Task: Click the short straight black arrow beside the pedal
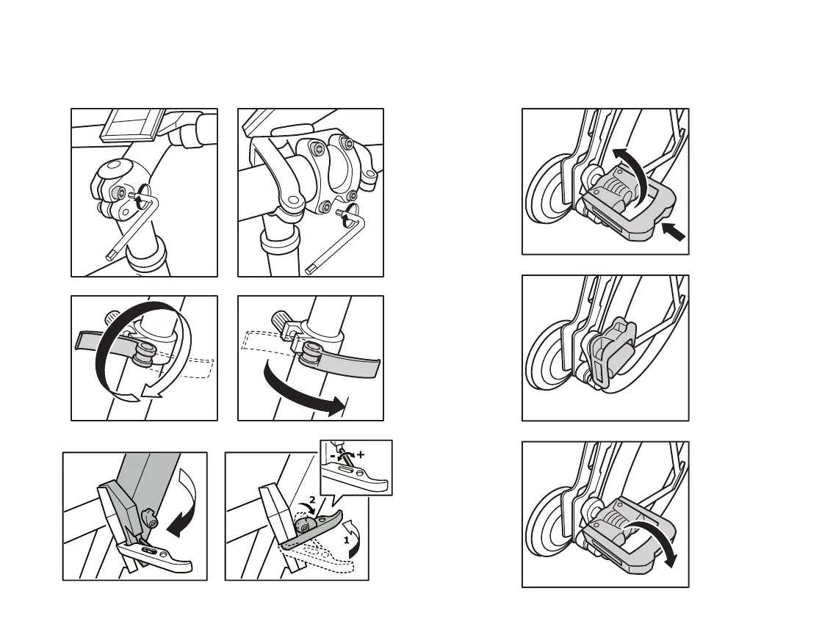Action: (x=673, y=232)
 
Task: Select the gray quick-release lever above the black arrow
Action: (x=342, y=363)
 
